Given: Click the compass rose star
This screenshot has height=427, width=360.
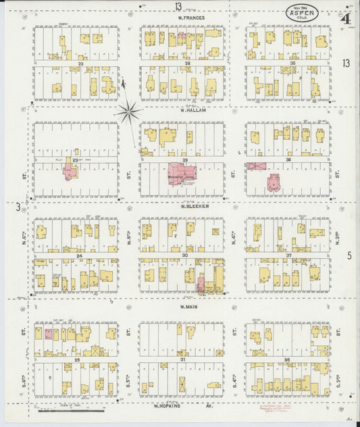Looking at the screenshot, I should pos(128,109).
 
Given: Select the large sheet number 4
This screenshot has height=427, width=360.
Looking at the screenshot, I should pos(345,18).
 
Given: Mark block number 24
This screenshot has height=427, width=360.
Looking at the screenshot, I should pos(79,256).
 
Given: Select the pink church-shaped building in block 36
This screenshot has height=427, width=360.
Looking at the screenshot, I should pos(274,182).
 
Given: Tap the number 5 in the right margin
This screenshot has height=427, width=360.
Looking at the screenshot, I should pos(349,255).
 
